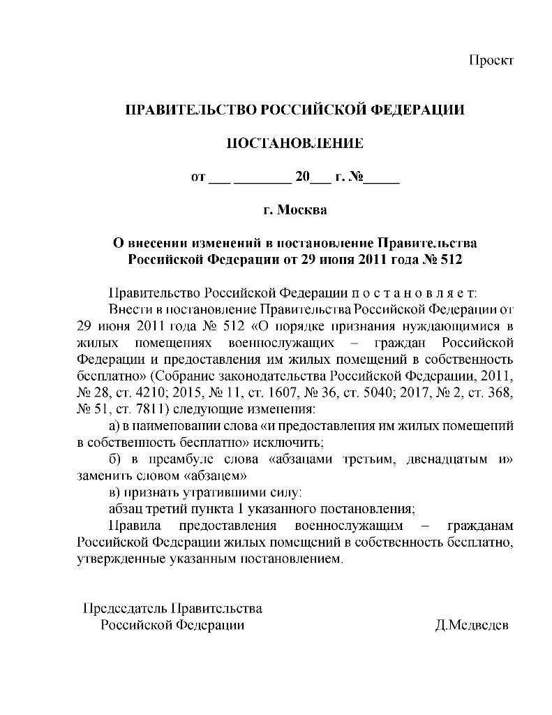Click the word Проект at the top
click(x=491, y=60)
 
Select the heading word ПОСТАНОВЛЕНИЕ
click(x=296, y=144)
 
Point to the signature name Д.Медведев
click(x=472, y=624)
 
